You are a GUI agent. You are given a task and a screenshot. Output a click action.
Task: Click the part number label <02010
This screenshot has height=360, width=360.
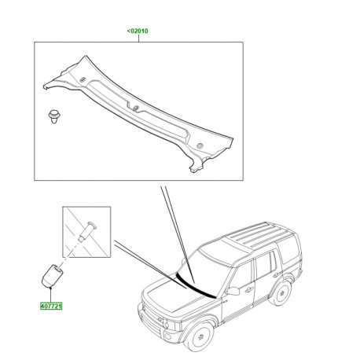138,31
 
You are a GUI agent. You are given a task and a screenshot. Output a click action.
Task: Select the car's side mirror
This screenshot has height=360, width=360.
233,292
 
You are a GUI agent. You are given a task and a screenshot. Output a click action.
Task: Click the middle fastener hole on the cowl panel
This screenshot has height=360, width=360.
135,108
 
